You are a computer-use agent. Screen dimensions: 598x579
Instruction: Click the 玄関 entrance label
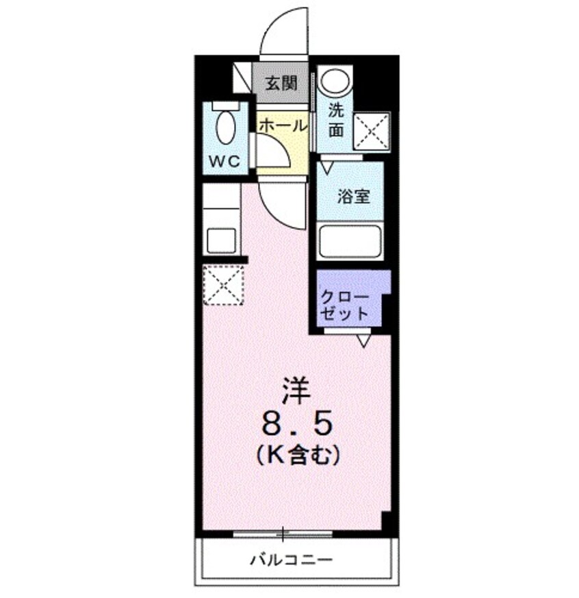[281, 84]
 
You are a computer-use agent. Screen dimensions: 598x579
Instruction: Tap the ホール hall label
[282, 125]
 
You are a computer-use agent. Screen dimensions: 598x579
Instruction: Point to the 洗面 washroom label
[335, 119]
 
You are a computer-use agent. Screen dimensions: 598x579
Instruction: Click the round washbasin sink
[335, 83]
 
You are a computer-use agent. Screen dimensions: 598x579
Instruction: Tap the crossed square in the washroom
[372, 131]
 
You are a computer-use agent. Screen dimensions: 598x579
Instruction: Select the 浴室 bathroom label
[353, 197]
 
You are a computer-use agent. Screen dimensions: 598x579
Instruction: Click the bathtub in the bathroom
[350, 240]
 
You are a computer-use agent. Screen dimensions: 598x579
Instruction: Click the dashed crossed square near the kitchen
[223, 284]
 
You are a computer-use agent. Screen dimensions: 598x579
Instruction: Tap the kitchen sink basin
[222, 240]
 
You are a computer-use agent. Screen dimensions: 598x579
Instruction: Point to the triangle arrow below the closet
[363, 340]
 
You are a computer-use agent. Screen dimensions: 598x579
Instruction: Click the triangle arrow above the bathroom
[327, 166]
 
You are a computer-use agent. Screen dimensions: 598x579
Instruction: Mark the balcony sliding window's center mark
[283, 532]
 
